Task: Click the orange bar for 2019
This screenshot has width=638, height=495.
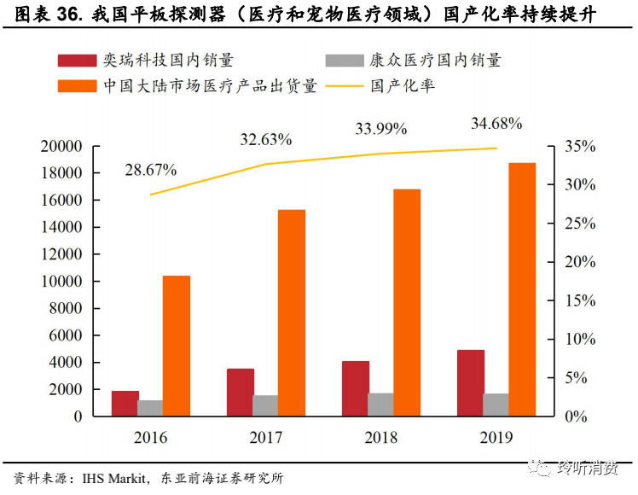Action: [x=522, y=289]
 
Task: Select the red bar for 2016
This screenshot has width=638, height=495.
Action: [x=125, y=404]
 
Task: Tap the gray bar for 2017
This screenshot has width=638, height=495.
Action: [x=265, y=405]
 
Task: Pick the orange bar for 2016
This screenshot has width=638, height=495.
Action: [x=176, y=346]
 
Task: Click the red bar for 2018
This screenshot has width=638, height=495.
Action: [x=356, y=388]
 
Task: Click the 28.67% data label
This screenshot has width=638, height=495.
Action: [x=150, y=170]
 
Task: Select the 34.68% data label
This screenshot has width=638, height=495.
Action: [x=496, y=124]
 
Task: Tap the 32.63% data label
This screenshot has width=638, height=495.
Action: [x=266, y=139]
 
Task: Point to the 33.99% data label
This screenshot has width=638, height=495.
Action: [x=381, y=129]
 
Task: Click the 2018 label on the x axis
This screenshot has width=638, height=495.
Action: [x=381, y=438]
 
